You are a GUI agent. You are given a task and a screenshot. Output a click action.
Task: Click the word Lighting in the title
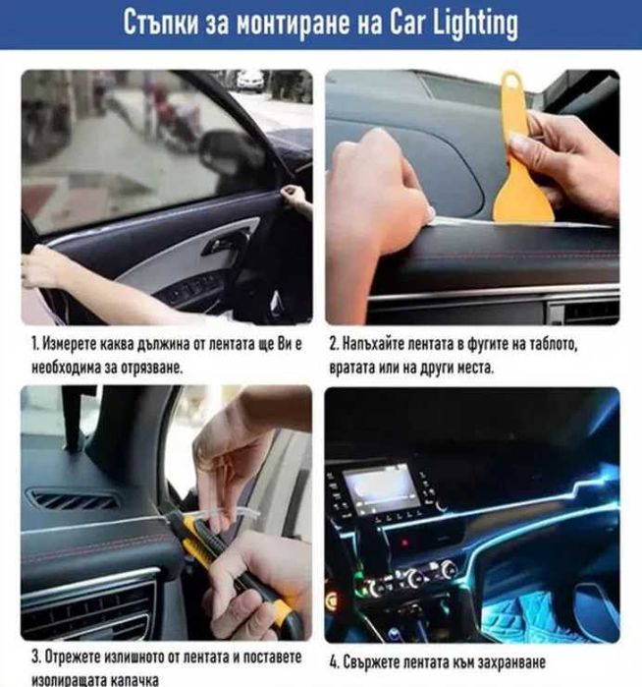[x=476, y=24]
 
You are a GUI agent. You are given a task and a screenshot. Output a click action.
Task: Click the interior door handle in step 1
[x=226, y=243]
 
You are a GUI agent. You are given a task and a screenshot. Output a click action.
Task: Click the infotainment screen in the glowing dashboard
[x=380, y=487]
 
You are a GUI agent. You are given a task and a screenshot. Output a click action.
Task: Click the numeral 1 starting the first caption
[x=34, y=344]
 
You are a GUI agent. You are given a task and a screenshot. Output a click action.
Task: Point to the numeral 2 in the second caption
[x=334, y=344]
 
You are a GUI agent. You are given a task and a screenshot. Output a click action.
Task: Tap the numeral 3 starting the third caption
[x=36, y=657]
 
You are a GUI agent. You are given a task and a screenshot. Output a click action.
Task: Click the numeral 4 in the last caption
[x=334, y=662]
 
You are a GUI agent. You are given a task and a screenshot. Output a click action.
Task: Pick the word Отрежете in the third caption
[x=74, y=657]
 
